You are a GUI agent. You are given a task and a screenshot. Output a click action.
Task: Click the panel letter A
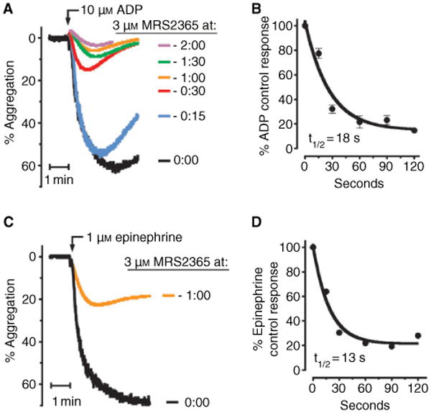coord(7,8)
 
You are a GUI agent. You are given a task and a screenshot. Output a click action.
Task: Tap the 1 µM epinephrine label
coord(118,235)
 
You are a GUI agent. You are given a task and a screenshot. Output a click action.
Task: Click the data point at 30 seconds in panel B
coord(332,109)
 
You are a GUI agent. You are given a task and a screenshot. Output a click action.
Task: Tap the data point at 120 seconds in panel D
coord(418,336)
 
